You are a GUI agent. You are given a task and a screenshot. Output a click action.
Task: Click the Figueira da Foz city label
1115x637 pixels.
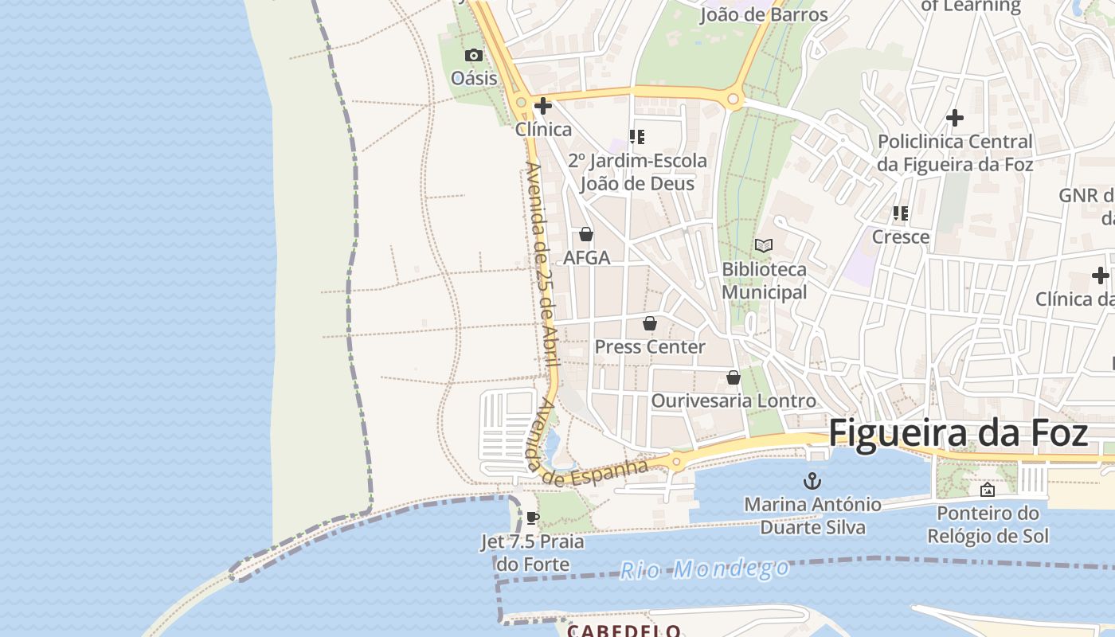[958, 434]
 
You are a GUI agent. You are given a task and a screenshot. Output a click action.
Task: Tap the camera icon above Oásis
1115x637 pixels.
[474, 55]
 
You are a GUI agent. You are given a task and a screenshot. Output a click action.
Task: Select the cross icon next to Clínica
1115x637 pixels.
[543, 106]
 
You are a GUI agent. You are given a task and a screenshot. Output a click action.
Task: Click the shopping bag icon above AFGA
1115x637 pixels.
[586, 234]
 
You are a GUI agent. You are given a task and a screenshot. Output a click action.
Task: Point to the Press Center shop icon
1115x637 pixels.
[650, 323]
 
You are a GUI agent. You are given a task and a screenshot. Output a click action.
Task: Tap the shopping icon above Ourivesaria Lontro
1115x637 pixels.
[733, 377]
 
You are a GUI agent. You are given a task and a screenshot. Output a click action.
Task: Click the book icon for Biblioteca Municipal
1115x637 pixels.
[764, 246]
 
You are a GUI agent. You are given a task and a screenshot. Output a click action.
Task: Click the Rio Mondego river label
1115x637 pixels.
[705, 569]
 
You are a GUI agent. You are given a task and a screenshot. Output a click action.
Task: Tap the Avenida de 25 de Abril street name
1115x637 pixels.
[541, 263]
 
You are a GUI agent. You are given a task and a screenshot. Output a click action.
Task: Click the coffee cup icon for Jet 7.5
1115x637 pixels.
[533, 518]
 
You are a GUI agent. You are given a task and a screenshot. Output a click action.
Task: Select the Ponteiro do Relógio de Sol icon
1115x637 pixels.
[988, 489]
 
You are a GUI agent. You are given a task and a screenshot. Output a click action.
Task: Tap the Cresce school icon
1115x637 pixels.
[901, 213]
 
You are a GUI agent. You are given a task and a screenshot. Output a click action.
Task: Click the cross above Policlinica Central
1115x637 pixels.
[955, 119]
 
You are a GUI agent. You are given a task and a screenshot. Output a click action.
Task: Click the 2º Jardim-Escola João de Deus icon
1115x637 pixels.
[636, 137]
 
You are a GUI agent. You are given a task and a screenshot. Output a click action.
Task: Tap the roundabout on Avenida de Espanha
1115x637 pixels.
[677, 461]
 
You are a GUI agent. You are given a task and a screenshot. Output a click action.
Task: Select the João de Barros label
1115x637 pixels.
[763, 14]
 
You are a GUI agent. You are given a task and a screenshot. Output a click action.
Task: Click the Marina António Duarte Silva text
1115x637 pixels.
[812, 515]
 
